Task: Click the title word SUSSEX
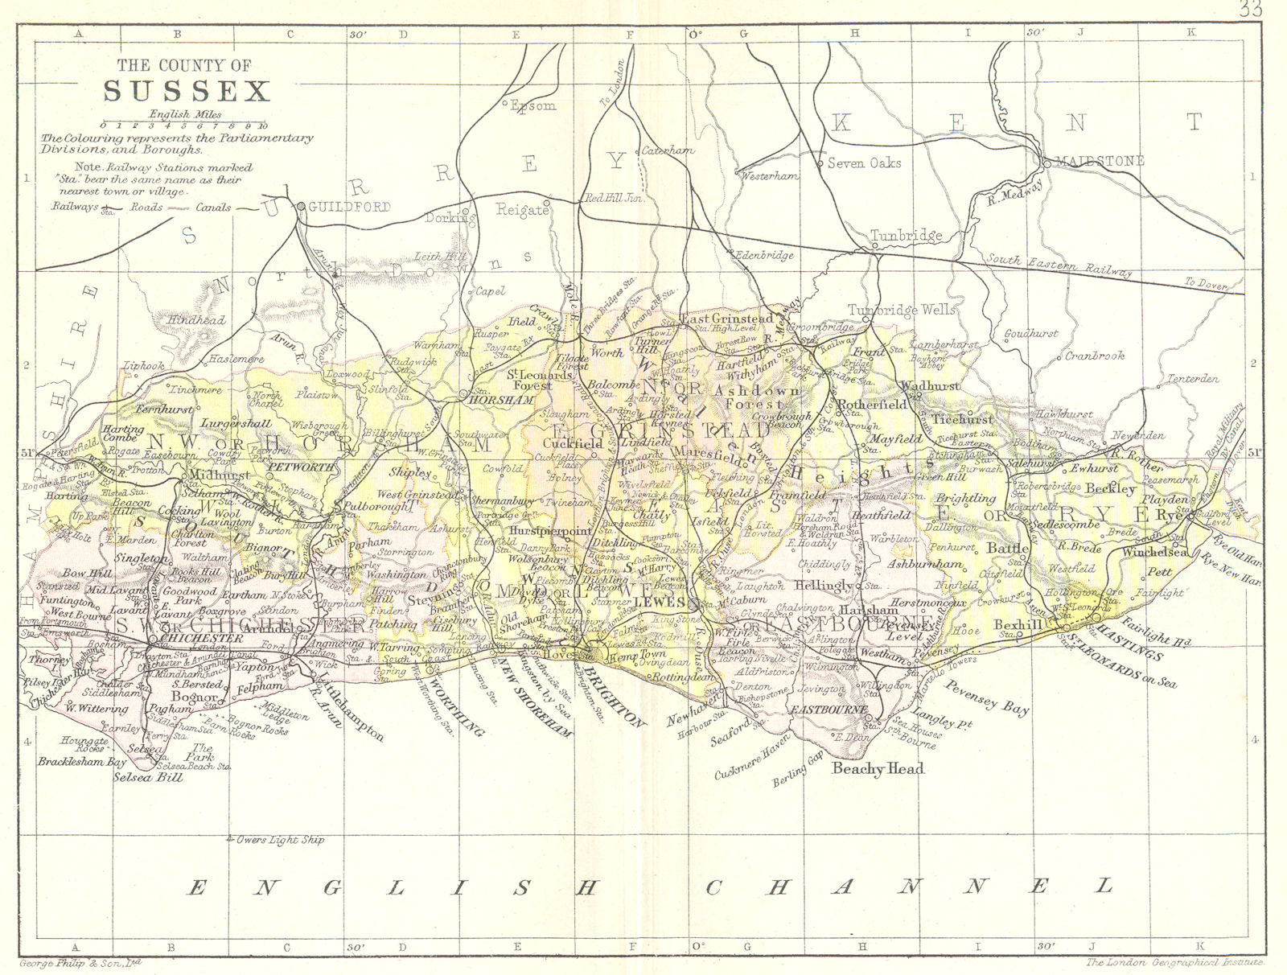186,91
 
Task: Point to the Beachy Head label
878,768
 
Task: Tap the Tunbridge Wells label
903,310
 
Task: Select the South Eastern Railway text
1059,265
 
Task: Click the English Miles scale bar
184,125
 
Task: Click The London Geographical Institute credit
1174,961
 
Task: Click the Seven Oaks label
864,162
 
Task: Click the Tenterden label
1193,378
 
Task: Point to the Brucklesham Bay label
81,760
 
